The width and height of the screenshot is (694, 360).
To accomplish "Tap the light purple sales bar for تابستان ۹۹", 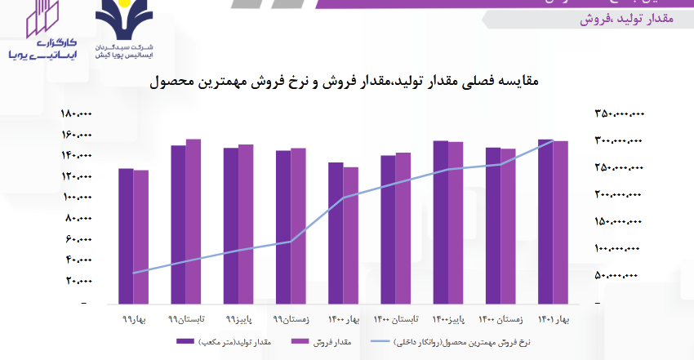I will [x=194, y=220].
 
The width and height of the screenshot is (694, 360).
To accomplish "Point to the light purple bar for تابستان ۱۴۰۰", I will [x=403, y=228].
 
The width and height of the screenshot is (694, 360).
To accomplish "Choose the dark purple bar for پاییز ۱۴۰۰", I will [x=441, y=221].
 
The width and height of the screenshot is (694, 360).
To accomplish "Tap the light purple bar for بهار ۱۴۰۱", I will [x=560, y=221].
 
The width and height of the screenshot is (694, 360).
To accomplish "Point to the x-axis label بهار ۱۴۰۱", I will [x=558, y=319].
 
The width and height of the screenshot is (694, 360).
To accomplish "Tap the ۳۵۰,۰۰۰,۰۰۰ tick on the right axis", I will [x=618, y=114].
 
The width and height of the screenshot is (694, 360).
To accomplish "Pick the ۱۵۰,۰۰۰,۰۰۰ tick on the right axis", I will [x=618, y=221].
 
